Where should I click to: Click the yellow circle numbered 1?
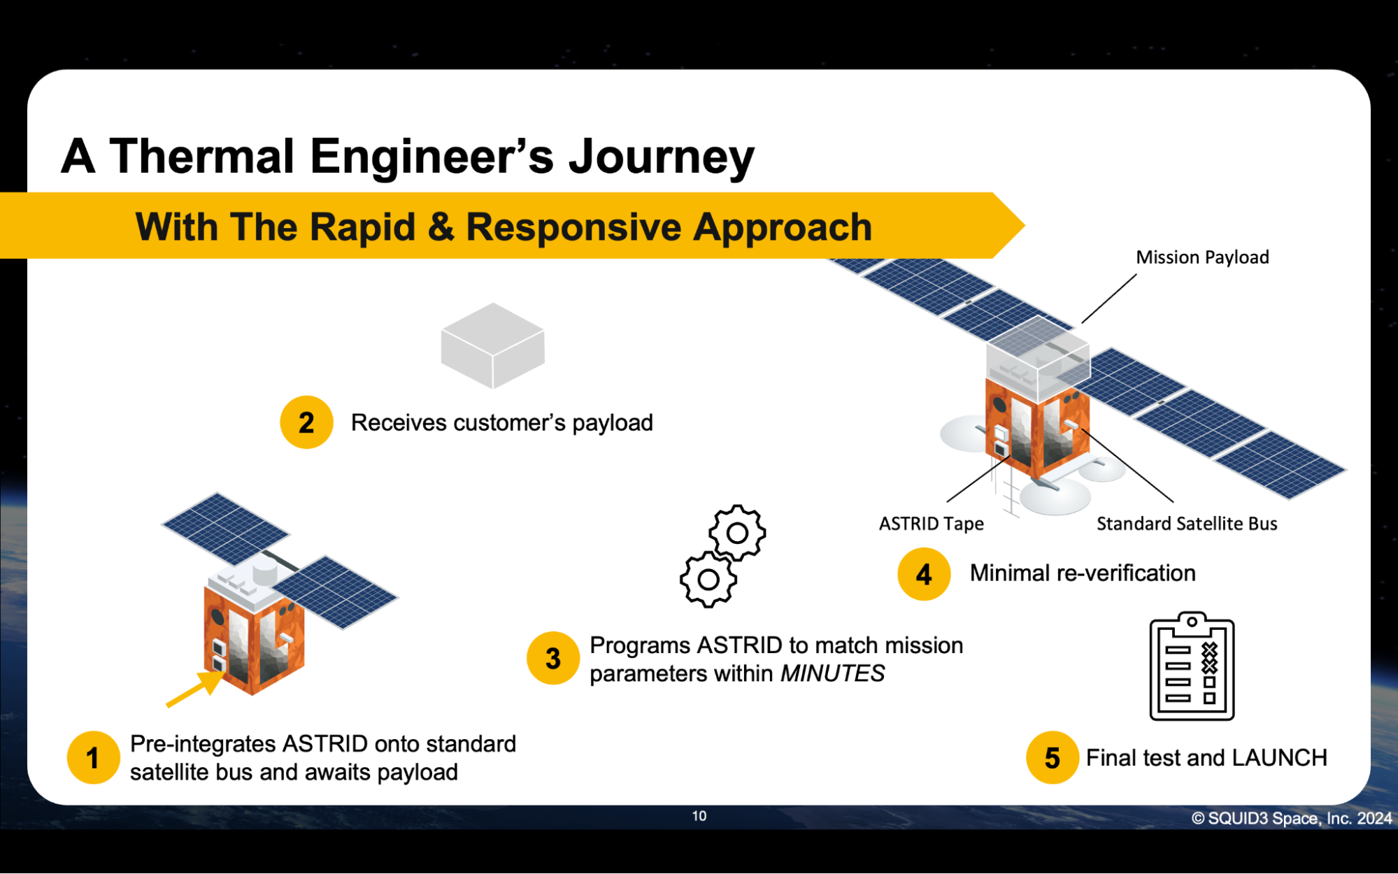click(93, 758)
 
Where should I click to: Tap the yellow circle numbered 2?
click(306, 422)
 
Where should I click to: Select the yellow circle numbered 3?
click(553, 659)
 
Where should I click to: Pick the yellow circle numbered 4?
click(924, 574)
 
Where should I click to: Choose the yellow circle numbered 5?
click(1053, 758)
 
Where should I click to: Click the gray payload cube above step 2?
click(493, 345)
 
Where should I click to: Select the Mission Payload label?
click(1202, 257)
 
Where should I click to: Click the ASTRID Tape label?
click(931, 524)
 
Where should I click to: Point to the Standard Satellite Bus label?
click(1187, 524)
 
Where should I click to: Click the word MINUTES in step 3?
click(832, 673)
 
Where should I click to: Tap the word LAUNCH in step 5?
click(1279, 757)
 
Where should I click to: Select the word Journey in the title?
click(662, 157)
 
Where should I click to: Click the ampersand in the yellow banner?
click(441, 227)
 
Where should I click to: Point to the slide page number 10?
click(699, 816)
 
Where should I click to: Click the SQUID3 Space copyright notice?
click(1292, 818)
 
